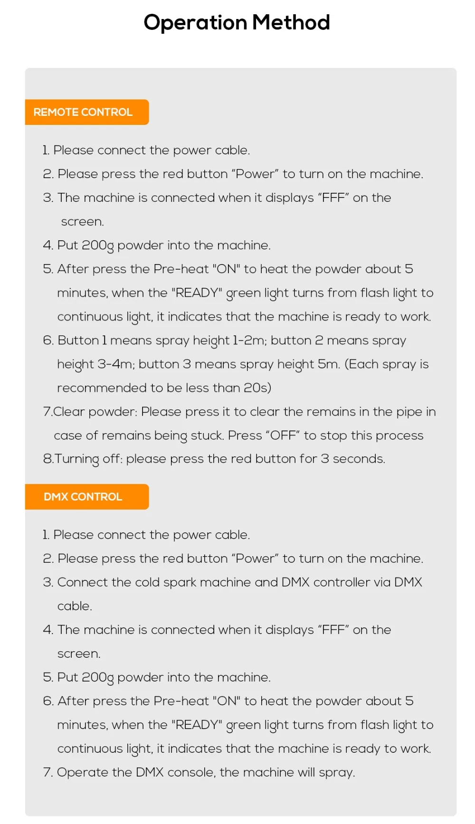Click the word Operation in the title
click(195, 22)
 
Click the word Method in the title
click(291, 22)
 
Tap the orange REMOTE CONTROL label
click(83, 112)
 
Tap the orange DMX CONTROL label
click(83, 497)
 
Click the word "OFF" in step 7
click(283, 436)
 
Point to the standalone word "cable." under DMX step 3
click(75, 606)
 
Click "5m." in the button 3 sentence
click(329, 364)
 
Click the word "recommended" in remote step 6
click(102, 388)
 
